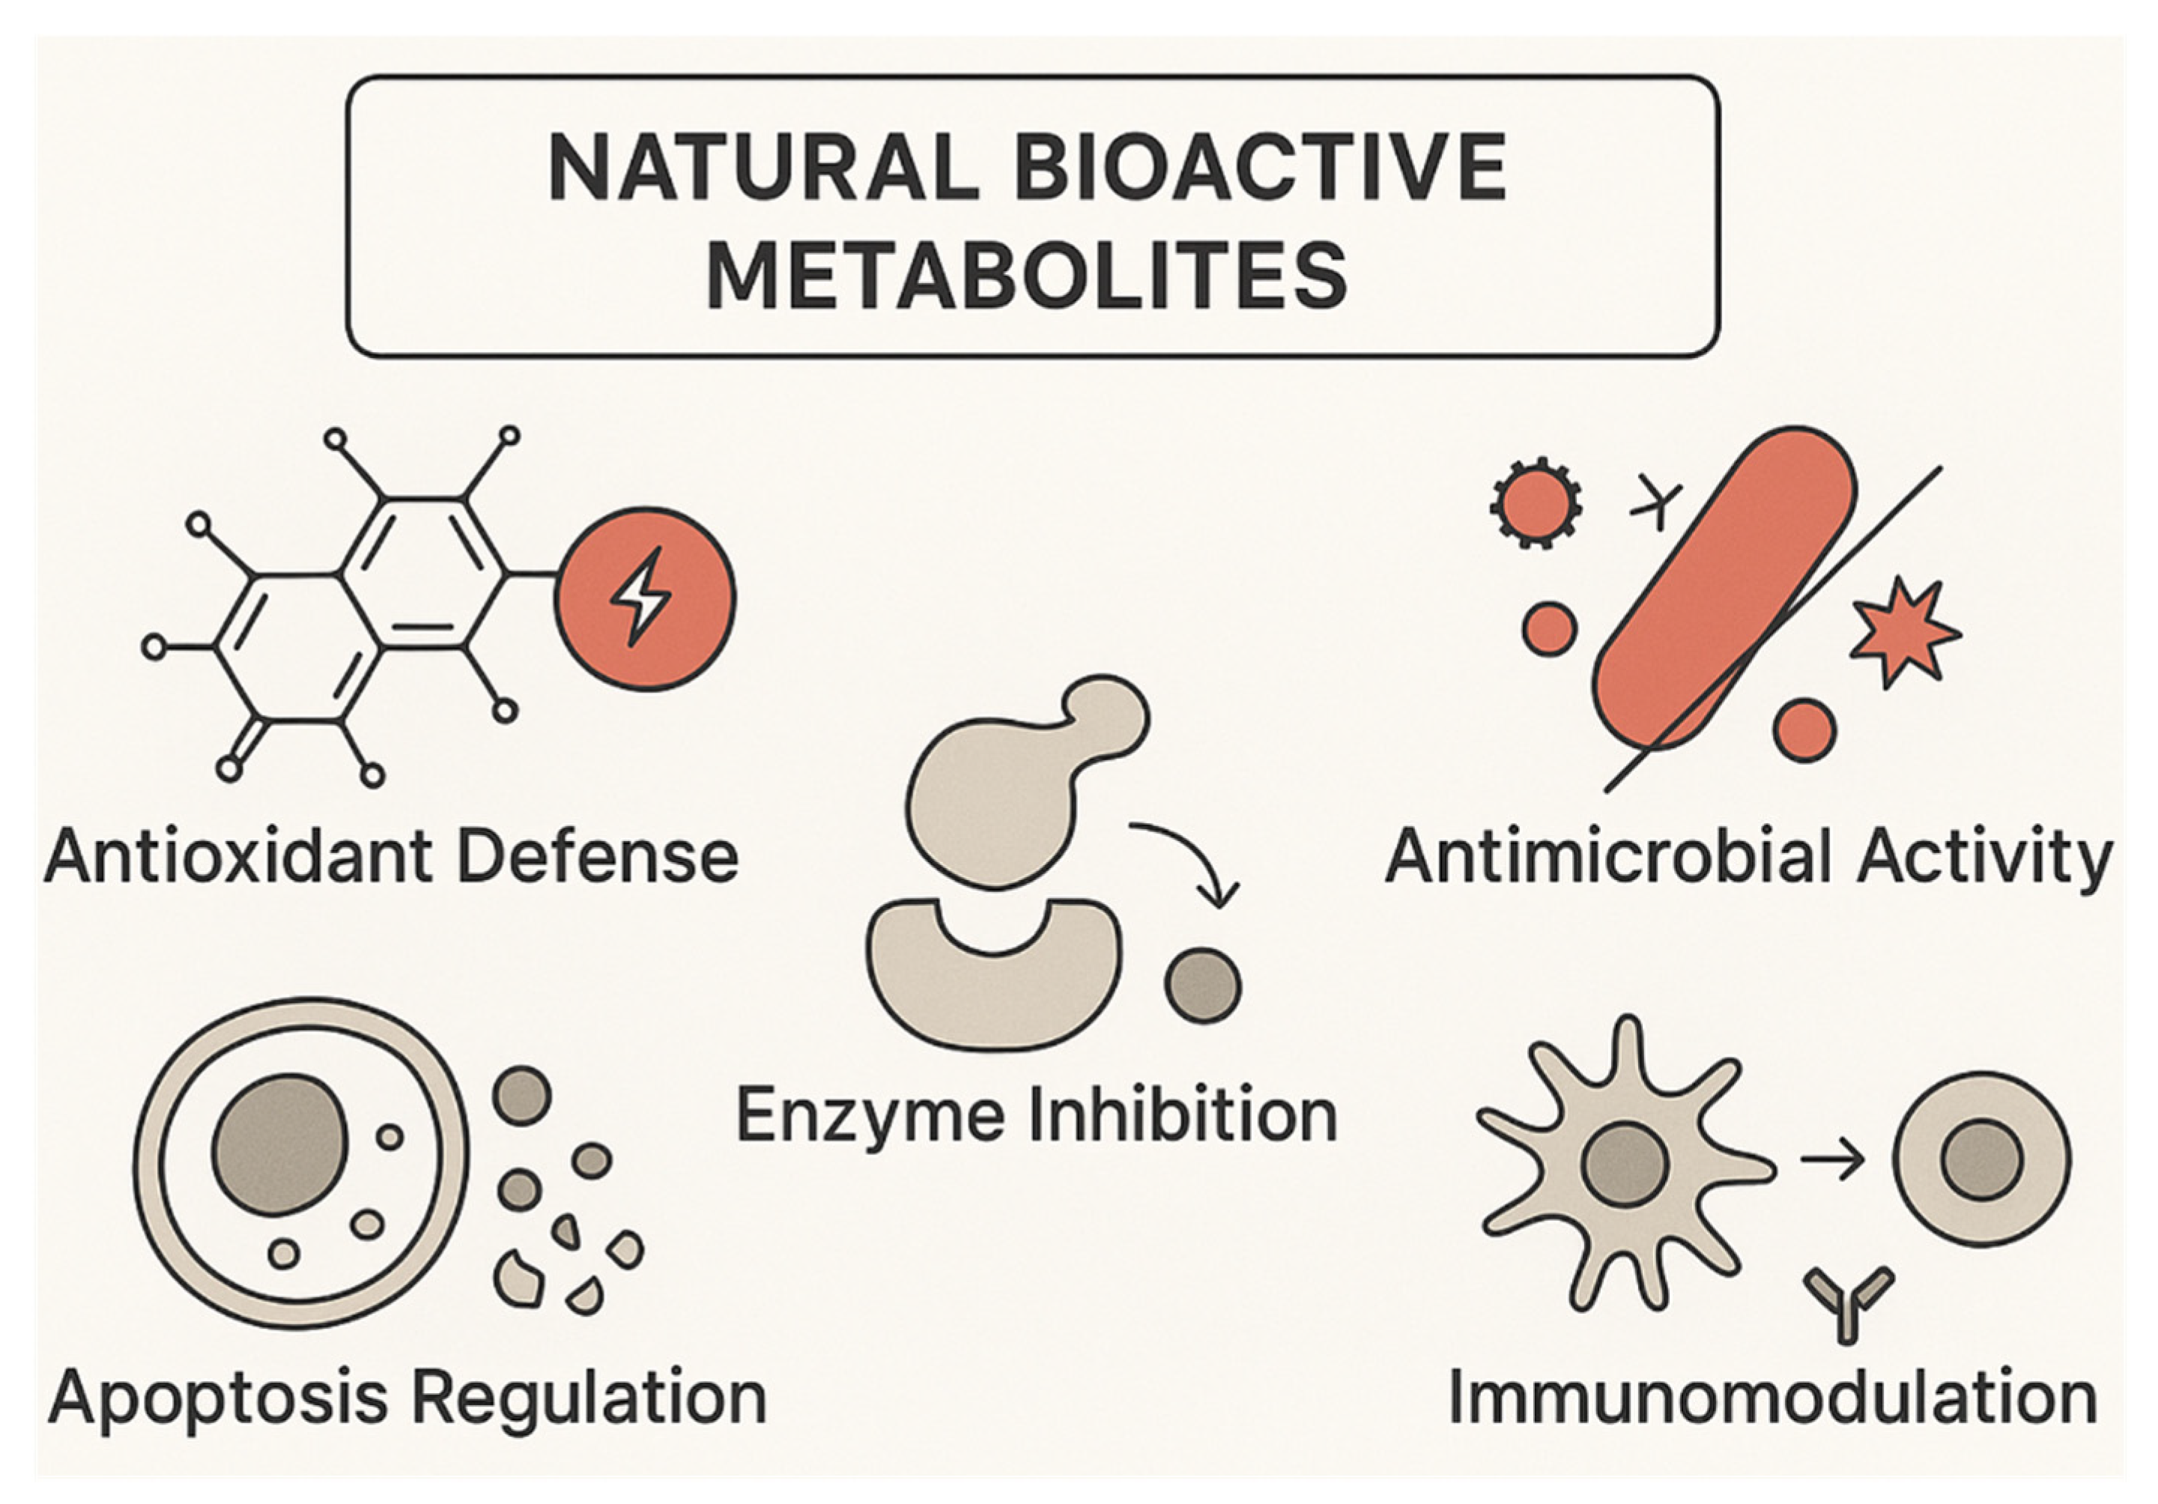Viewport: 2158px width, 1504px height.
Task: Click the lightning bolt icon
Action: (x=642, y=598)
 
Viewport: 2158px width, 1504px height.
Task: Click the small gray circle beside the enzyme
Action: (x=1202, y=985)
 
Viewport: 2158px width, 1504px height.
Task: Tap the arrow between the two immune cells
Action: (x=1833, y=1162)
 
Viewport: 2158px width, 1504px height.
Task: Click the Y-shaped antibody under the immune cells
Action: (x=1849, y=1302)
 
